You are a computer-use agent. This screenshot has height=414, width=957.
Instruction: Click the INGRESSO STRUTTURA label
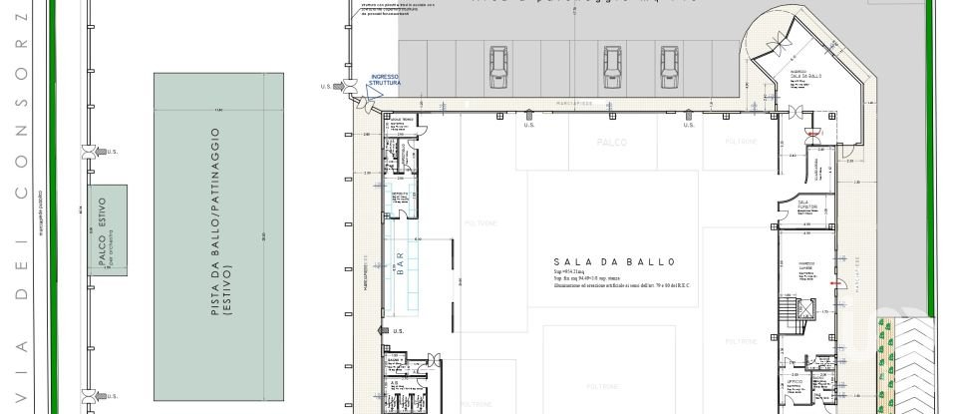coord(385,80)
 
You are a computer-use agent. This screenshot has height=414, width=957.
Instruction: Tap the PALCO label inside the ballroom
coord(612,143)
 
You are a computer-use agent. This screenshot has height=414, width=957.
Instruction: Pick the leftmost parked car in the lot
coord(499,66)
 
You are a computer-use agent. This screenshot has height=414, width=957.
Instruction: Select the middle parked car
coord(612,66)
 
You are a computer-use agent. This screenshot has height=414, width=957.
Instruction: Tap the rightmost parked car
coord(671,66)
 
